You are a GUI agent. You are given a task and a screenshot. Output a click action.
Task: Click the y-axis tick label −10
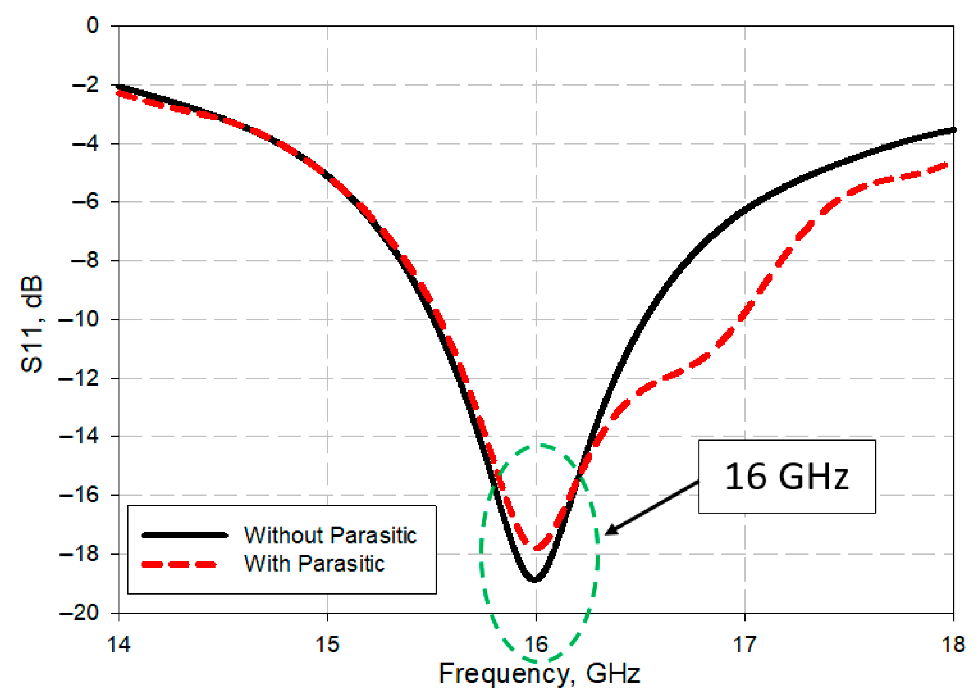(x=79, y=319)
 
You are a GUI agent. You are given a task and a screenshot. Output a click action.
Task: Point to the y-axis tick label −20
(x=79, y=613)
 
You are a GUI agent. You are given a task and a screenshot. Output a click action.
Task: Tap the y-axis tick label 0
(x=92, y=25)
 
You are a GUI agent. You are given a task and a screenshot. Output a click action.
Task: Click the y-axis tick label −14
(x=79, y=436)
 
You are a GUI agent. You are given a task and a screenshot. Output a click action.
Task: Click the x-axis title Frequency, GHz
(x=539, y=674)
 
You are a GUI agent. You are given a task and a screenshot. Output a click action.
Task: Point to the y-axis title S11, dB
(x=32, y=324)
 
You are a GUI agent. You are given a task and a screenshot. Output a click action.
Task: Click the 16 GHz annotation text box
(x=786, y=477)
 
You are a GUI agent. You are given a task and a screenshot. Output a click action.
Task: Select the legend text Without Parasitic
(x=330, y=535)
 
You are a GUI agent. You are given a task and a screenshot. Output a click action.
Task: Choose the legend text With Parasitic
(x=314, y=564)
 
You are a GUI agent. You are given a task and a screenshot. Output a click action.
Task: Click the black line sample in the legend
(x=185, y=535)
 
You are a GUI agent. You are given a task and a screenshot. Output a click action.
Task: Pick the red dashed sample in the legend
(x=179, y=565)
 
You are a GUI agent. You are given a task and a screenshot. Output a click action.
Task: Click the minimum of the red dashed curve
(x=537, y=548)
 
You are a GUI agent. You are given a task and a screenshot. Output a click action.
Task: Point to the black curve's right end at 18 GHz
(x=952, y=130)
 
